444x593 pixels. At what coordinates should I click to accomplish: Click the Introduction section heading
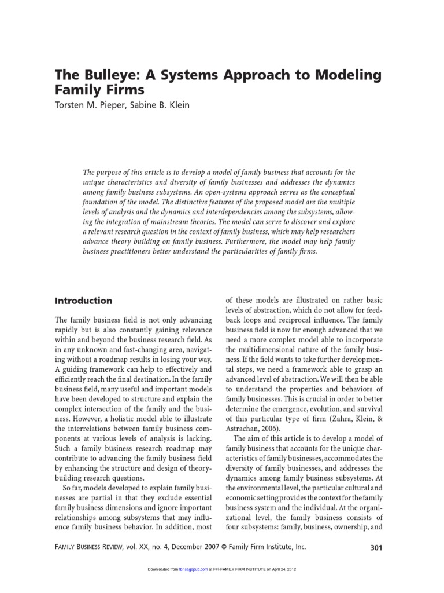pyautogui.click(x=83, y=301)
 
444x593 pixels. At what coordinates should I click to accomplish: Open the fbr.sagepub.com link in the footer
pyautogui.click(x=191, y=570)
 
